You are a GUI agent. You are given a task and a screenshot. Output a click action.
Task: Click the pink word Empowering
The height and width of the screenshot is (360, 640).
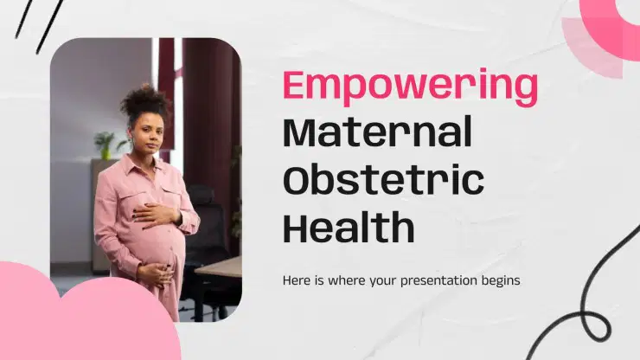point(410,87)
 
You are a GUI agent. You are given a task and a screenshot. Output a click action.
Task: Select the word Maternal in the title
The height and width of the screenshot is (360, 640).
point(378,132)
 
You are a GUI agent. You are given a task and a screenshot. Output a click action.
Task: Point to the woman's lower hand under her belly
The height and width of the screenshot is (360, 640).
point(155,273)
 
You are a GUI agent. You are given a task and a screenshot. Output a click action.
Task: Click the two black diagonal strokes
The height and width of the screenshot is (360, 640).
point(39,25)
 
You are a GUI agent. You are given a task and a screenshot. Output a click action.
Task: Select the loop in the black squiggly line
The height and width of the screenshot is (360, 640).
point(596,325)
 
